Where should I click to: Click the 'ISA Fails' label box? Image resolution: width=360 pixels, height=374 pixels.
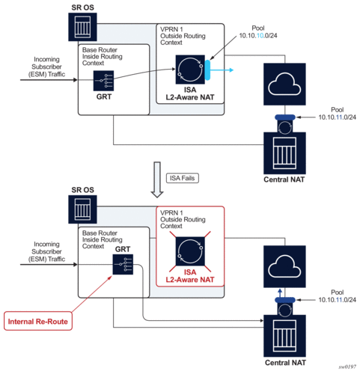183,178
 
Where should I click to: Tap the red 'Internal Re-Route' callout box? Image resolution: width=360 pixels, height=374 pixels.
38,321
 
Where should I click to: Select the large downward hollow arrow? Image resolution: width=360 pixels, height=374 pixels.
157,180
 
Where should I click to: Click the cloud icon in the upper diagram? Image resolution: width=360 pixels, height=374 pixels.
284,85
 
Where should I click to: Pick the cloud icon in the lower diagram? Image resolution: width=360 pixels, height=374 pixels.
284,266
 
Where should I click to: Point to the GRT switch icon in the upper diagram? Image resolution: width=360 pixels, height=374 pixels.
103,81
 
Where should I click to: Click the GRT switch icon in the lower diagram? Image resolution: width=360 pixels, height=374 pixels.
123,265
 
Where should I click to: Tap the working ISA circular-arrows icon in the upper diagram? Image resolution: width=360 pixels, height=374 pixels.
190,70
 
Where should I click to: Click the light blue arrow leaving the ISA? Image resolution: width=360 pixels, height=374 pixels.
222,70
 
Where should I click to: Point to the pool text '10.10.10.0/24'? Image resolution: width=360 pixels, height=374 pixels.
258,36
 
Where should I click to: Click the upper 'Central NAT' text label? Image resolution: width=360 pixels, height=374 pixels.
284,180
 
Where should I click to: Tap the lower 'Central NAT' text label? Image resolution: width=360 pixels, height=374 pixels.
285,363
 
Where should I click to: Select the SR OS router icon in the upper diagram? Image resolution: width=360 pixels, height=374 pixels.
82,27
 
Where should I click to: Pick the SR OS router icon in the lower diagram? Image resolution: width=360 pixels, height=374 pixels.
82,209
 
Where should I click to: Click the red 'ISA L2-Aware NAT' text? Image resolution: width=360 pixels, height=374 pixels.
190,276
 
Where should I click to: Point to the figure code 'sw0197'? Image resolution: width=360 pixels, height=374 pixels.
347,367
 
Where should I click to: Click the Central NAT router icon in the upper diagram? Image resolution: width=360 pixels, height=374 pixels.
284,153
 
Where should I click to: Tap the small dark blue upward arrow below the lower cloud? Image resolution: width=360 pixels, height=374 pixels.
280,293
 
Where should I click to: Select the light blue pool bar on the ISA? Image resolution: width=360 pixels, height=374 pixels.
207,70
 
